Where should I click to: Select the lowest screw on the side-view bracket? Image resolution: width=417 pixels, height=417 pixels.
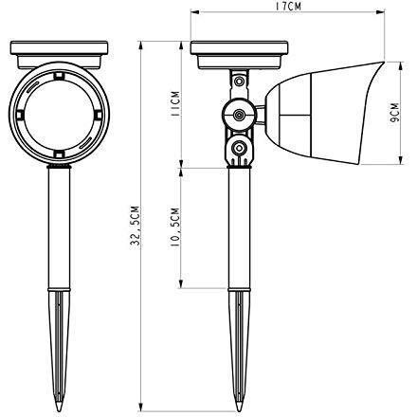click(241, 149)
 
